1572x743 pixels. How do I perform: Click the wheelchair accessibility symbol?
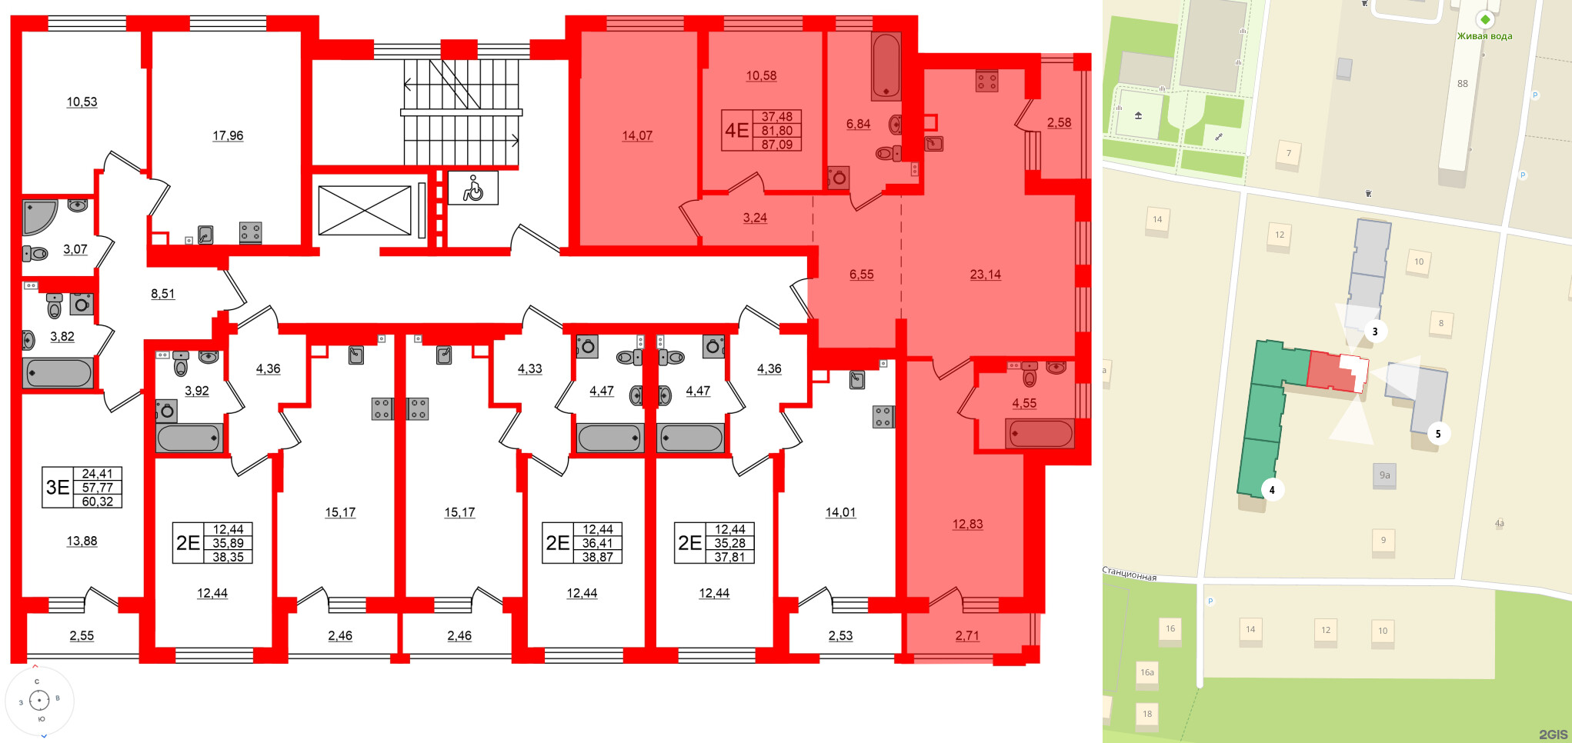pos(472,188)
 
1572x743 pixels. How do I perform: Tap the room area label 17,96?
pos(228,136)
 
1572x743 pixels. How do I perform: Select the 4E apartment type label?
pos(736,130)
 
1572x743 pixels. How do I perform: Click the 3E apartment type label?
pos(58,487)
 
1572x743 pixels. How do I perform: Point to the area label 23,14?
pos(985,275)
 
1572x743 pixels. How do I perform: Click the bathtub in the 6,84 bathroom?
pos(886,66)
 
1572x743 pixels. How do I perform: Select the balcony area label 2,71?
pos(967,635)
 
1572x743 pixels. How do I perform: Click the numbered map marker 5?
pos(1437,434)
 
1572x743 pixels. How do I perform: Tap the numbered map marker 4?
pos(1271,490)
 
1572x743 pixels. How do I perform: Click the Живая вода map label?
pos(1484,36)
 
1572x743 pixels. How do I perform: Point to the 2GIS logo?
pos(1553,735)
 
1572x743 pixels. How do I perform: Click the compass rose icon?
pos(39,700)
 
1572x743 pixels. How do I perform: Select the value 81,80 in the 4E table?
pos(776,131)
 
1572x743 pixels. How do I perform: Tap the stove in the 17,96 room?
pos(250,232)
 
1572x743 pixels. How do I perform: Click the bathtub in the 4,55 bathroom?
pos(1040,434)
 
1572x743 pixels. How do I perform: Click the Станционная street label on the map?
pos(1130,575)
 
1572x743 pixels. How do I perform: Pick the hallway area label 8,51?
pos(162,294)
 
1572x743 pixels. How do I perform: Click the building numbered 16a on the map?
pos(1146,673)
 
